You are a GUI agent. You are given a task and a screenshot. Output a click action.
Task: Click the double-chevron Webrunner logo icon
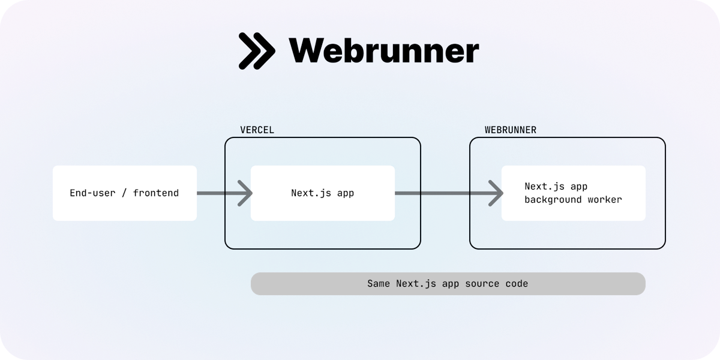point(257,50)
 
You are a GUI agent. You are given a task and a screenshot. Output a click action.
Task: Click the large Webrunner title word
point(384,50)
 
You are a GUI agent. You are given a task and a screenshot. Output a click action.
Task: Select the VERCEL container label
point(257,130)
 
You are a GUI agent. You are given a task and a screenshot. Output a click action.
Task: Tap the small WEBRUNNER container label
point(510,130)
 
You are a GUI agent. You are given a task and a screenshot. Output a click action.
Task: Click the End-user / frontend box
point(125,193)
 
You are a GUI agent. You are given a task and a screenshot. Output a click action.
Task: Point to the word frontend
point(156,193)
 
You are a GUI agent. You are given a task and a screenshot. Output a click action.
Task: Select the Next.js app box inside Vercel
point(323,193)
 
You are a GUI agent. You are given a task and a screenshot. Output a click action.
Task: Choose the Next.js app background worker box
point(573,193)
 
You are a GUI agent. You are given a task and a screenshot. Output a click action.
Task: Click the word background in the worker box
point(550,200)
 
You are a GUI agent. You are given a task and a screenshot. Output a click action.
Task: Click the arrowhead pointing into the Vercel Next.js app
point(245,193)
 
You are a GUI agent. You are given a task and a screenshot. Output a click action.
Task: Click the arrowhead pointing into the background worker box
point(496,193)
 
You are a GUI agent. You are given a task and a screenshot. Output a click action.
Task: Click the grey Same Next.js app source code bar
point(448,284)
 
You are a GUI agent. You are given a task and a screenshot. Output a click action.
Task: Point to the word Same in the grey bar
point(379,284)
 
